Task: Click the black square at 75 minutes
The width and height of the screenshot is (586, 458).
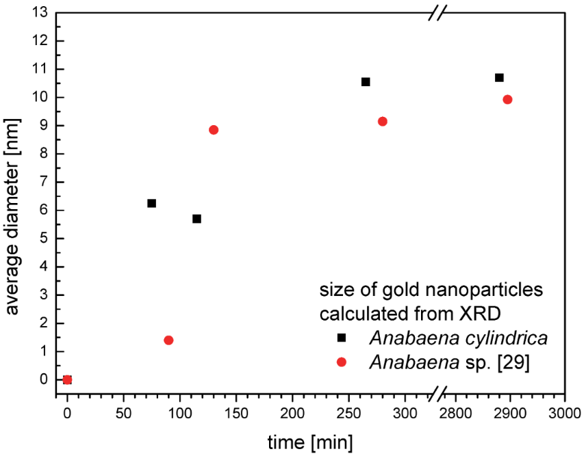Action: click(152, 203)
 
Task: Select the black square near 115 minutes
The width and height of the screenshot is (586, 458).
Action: click(196, 219)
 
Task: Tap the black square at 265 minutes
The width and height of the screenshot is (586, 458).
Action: click(366, 82)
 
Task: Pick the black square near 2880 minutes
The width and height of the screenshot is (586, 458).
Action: click(499, 78)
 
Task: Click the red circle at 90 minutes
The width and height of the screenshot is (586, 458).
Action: click(168, 340)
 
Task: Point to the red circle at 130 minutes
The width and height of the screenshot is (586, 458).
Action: click(214, 130)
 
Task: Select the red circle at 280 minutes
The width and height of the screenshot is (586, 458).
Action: click(383, 122)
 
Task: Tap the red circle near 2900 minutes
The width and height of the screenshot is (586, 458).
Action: click(507, 99)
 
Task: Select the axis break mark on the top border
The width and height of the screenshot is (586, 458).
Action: click(437, 12)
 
